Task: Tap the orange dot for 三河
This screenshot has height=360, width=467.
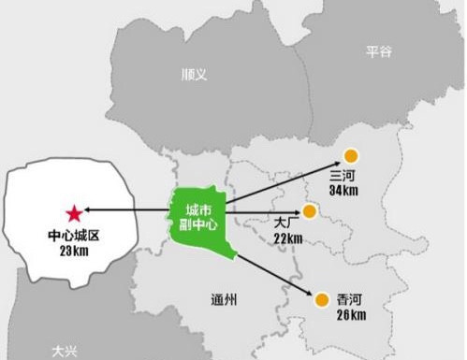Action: [351, 157]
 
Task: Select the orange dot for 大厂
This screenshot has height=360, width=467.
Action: [308, 211]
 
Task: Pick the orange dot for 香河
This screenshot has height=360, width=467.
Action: [321, 299]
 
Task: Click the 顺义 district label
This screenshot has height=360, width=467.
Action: [194, 73]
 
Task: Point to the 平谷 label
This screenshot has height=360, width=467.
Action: [379, 51]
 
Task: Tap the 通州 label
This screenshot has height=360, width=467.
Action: [225, 298]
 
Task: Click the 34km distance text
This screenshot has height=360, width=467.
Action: [344, 190]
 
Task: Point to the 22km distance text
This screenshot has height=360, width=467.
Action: [288, 238]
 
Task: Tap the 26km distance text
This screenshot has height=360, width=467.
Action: [350, 315]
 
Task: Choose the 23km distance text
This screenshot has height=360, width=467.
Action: [73, 251]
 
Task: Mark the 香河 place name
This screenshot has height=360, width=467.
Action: [350, 300]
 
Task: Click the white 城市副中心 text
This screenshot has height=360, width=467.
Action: [199, 216]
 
